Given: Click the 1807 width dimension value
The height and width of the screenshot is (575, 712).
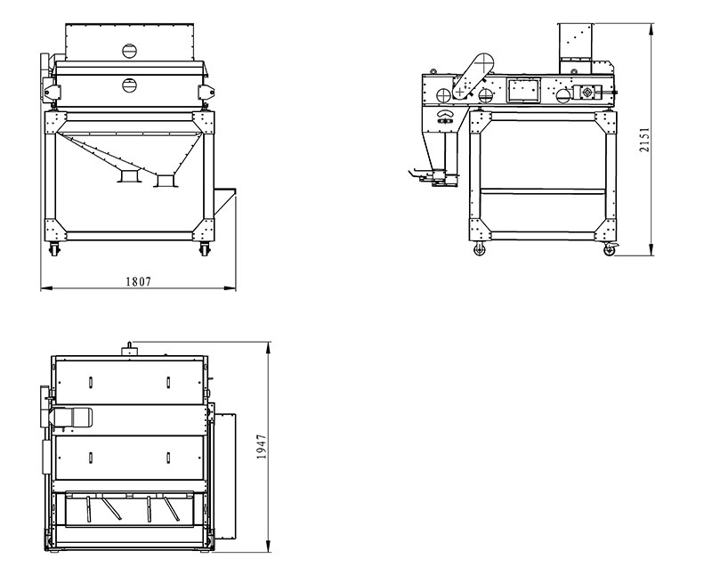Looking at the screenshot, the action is pyautogui.click(x=138, y=281).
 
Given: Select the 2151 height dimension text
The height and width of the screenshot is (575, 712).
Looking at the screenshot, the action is pyautogui.click(x=644, y=140).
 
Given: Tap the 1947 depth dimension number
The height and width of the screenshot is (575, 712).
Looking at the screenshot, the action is pyautogui.click(x=262, y=447).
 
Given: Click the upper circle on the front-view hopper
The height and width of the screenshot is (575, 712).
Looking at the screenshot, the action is pyautogui.click(x=129, y=51).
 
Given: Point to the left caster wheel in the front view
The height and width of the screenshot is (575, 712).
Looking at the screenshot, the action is pyautogui.click(x=54, y=248).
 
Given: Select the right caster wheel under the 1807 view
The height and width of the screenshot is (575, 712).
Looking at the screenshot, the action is pyautogui.click(x=206, y=248).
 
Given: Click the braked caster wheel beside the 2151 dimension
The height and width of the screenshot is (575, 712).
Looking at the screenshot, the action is pyautogui.click(x=610, y=249).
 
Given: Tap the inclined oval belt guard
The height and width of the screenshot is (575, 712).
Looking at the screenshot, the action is pyautogui.click(x=473, y=76).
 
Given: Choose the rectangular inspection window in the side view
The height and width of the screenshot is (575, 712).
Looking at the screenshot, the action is pyautogui.click(x=523, y=90).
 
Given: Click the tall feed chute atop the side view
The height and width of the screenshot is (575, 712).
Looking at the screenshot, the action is pyautogui.click(x=575, y=48).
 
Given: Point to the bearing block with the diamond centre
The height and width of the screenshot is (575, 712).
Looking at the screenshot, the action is pyautogui.click(x=587, y=93).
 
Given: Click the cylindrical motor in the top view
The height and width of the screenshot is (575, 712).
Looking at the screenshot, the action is pyautogui.click(x=71, y=417).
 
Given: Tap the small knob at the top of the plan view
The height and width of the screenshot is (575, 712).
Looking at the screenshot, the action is pyautogui.click(x=130, y=349).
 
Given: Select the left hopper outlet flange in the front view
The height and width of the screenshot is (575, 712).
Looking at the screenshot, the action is pyautogui.click(x=128, y=176).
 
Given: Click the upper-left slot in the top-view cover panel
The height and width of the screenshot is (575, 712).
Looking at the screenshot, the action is pyautogui.click(x=91, y=382).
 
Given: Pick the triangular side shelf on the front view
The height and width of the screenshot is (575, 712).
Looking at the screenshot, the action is pyautogui.click(x=225, y=201).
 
